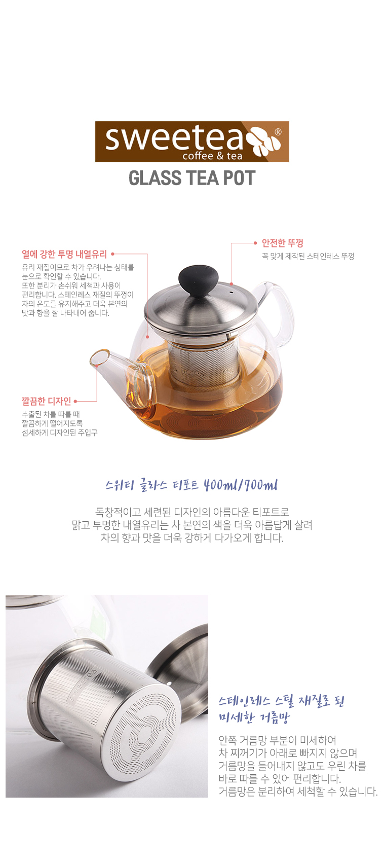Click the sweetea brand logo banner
(x=192, y=141)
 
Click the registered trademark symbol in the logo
(x=278, y=132)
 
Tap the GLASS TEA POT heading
(x=192, y=178)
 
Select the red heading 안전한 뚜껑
(x=283, y=243)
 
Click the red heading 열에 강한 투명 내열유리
(x=64, y=254)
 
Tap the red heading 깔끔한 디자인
(x=47, y=401)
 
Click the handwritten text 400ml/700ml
(x=241, y=485)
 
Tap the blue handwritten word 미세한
(x=237, y=717)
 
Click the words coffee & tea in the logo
(x=213, y=156)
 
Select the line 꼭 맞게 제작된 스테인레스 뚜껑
(x=308, y=256)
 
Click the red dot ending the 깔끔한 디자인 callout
(x=75, y=401)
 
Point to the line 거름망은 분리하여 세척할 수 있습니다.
(x=298, y=792)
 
